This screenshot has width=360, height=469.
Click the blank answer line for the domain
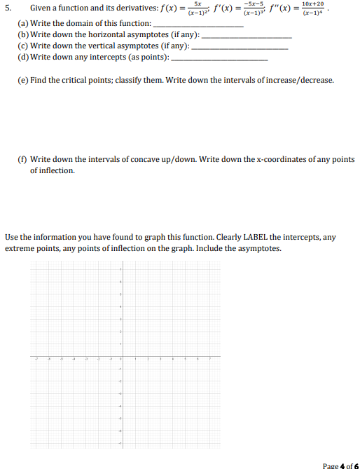(202, 25)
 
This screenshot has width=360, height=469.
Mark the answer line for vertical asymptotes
(240, 47)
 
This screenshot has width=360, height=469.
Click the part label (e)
(22, 81)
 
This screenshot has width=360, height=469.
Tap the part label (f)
(22, 159)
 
